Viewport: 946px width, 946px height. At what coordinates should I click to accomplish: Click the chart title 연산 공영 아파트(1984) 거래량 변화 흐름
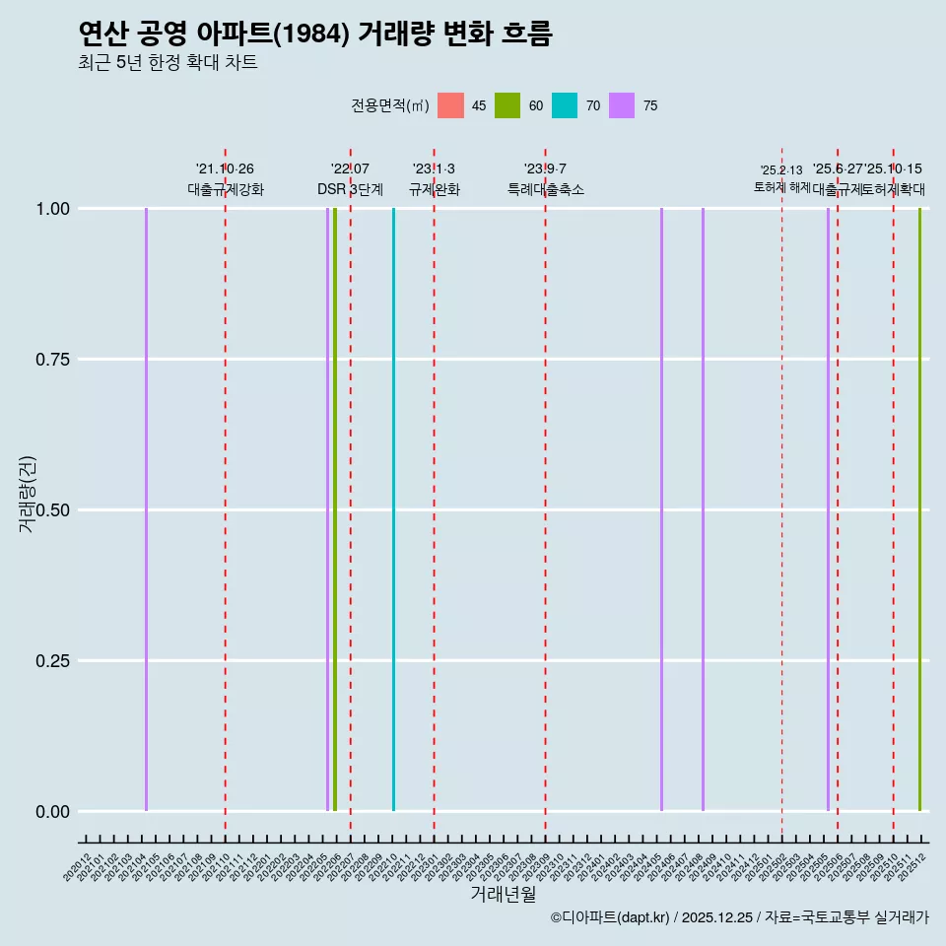(x=315, y=34)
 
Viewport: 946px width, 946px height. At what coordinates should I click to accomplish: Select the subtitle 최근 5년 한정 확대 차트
(x=168, y=63)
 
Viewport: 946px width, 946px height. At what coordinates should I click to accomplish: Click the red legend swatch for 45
(x=450, y=105)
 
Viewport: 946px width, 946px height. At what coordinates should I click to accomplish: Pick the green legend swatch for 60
(x=507, y=105)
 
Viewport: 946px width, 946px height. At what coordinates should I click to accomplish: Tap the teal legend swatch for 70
(x=565, y=105)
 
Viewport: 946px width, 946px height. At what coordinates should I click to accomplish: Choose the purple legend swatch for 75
(x=622, y=105)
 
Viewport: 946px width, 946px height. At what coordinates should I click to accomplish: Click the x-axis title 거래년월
(x=503, y=895)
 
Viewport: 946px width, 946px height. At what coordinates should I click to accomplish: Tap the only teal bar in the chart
(x=393, y=509)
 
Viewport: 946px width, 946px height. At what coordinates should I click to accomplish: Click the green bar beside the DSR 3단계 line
(x=335, y=509)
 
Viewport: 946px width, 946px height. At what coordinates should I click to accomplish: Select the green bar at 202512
(x=919, y=509)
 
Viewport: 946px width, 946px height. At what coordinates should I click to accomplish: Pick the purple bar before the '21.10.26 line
(x=146, y=509)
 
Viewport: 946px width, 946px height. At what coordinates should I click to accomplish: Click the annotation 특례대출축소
(x=546, y=189)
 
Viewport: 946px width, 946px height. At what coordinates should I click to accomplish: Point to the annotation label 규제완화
(x=435, y=189)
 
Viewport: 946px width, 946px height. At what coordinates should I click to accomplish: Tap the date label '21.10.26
(x=225, y=169)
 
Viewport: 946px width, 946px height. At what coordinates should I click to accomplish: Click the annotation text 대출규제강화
(x=226, y=189)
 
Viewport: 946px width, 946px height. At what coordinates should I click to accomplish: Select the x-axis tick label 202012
(x=78, y=867)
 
